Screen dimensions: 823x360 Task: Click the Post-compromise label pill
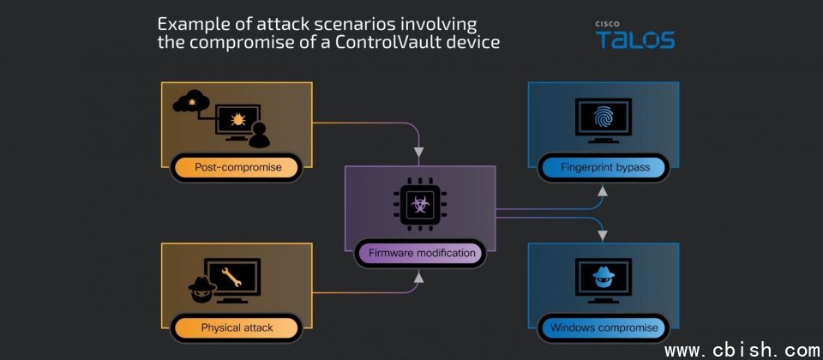[237, 168]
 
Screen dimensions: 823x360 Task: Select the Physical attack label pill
[237, 328]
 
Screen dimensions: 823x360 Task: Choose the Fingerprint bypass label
[604, 168]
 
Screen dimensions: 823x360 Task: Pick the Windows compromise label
[604, 328]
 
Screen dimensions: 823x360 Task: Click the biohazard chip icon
[420, 204]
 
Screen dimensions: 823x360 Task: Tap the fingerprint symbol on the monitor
[603, 118]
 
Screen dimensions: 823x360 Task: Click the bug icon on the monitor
[237, 119]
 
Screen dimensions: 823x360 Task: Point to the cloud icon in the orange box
[191, 101]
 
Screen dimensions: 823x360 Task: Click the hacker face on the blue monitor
[603, 277]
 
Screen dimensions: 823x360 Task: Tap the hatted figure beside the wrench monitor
[202, 289]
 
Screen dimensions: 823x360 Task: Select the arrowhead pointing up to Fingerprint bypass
[603, 191]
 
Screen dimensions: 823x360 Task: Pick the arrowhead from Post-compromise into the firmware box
[418, 153]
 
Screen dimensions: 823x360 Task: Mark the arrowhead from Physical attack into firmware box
[418, 277]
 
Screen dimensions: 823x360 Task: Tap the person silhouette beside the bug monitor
[259, 135]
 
